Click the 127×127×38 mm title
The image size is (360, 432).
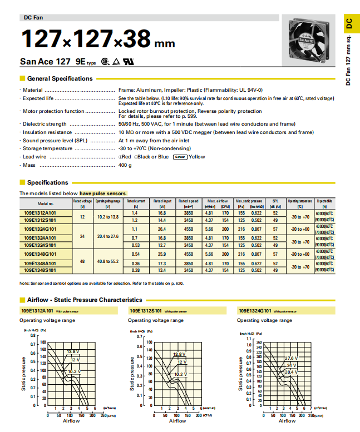(97, 39)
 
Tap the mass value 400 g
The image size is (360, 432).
(125, 165)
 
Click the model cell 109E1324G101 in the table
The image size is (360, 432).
(40, 229)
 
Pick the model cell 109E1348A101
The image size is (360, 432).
(40, 263)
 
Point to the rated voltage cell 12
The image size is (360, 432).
(82, 216)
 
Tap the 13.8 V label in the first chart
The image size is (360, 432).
(73, 351)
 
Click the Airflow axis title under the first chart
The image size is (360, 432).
(71, 421)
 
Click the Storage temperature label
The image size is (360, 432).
(46, 148)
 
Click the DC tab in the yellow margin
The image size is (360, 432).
(349, 23)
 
